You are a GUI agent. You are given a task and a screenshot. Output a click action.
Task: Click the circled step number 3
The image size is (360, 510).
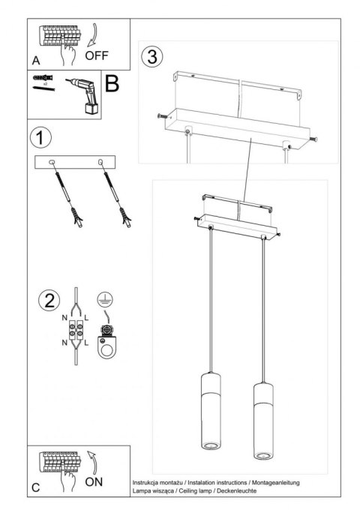click(x=152, y=56)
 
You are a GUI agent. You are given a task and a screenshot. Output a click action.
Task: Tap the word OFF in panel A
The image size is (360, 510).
click(x=97, y=55)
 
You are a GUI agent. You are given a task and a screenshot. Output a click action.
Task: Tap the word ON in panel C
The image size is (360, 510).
click(x=94, y=482)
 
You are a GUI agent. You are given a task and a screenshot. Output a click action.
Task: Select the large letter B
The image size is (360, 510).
click(x=112, y=83)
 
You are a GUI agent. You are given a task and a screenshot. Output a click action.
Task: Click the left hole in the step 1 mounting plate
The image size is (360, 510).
click(x=52, y=162)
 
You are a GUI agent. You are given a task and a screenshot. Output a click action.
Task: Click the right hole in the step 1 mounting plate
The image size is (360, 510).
click(x=98, y=162)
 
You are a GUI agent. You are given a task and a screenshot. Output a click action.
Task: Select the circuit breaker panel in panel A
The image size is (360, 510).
click(x=59, y=34)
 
